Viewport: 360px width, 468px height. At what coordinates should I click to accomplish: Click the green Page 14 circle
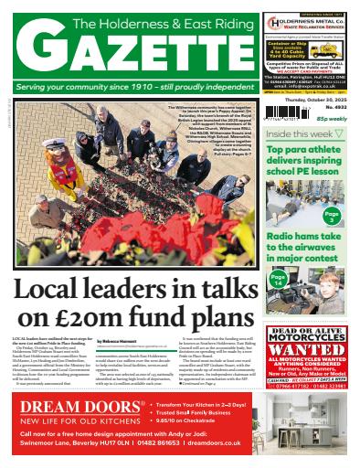[x=281, y=278]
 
